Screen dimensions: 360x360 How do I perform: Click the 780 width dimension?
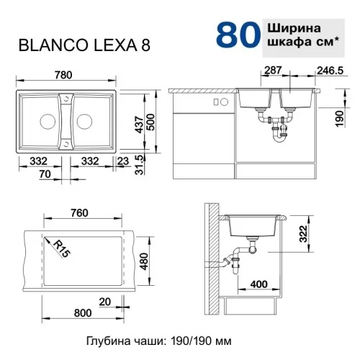coord(63,75)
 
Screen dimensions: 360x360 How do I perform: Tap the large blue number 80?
coord(238,35)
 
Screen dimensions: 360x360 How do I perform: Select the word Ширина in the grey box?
coord(294,28)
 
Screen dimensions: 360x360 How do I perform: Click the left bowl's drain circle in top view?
coord(48,122)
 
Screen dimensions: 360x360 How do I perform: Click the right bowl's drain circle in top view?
coord(84,122)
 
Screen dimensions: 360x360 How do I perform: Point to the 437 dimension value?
coord(139,125)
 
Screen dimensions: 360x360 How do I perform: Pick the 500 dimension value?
coord(151,122)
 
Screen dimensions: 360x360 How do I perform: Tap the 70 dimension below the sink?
coord(45,174)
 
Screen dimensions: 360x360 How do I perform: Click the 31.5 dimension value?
coord(139,164)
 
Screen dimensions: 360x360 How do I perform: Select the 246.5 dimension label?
coord(330,71)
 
